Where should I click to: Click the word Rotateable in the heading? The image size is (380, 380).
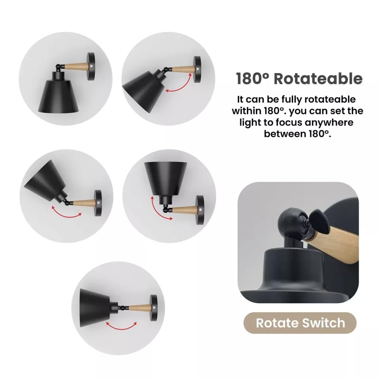coord(318,78)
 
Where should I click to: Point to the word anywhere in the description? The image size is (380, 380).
coord(322,122)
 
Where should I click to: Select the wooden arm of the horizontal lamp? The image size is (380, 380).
coord(139,307)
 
